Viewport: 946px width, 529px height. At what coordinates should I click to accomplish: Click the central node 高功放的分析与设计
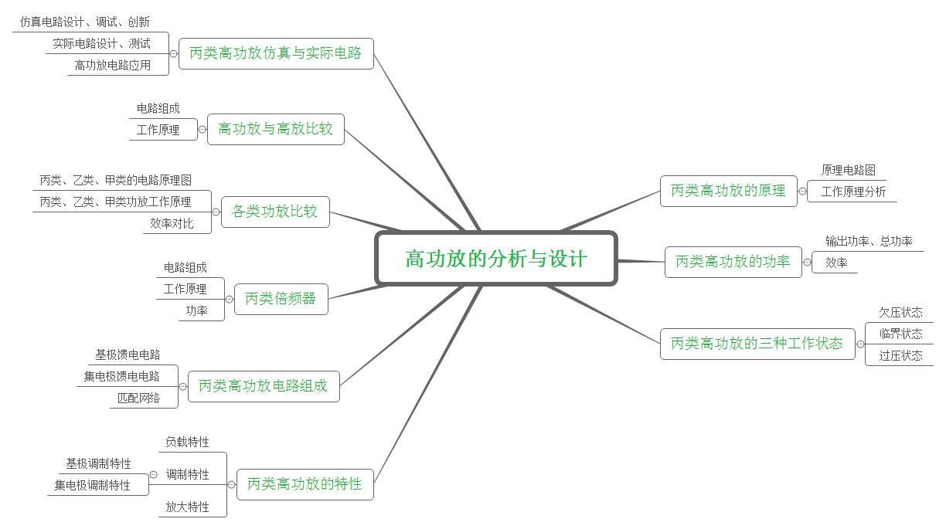496,259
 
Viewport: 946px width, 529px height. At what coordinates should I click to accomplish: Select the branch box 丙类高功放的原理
728,191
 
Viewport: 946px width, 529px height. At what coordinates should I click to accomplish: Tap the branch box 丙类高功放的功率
733,262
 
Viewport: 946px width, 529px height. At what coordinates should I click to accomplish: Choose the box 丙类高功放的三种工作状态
757,344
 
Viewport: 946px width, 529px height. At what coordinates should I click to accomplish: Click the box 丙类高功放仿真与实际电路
276,54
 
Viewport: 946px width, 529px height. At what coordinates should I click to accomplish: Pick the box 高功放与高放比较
275,129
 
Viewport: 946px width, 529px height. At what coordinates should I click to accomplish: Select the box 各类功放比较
274,212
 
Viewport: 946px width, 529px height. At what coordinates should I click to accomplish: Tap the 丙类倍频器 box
281,299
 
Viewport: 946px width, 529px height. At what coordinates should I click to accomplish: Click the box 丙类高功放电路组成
263,386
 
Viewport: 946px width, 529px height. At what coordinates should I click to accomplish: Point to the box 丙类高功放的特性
305,484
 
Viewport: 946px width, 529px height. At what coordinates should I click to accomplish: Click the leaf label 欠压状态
900,313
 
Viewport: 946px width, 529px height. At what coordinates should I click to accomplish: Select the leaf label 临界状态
900,334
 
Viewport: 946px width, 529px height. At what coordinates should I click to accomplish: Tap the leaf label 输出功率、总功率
869,242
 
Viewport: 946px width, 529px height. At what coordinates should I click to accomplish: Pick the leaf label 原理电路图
848,171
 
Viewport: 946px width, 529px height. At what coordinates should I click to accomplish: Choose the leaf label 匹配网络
139,398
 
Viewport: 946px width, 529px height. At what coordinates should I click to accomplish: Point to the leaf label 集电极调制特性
93,486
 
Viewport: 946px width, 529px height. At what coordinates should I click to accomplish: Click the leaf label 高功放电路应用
113,66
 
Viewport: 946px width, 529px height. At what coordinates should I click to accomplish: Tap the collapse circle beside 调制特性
153,474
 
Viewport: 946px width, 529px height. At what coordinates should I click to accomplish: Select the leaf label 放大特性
187,507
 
